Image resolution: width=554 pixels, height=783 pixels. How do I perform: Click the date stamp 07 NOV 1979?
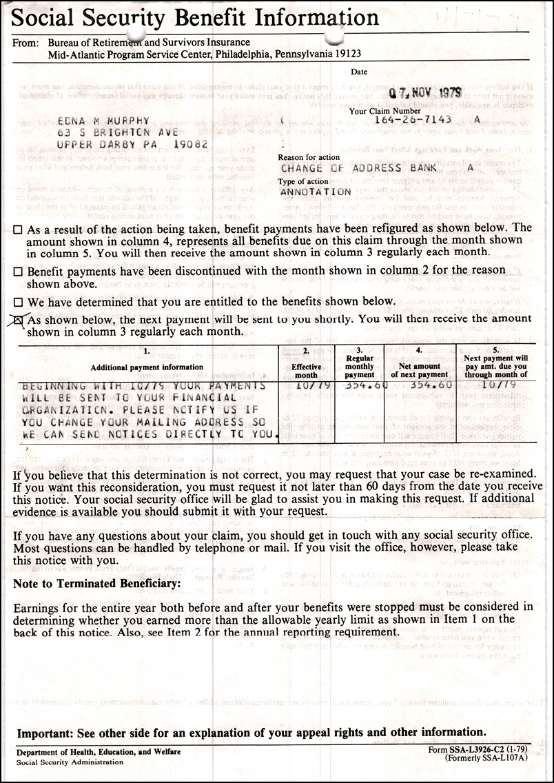click(426, 92)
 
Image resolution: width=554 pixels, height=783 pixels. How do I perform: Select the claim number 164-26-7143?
click(413, 119)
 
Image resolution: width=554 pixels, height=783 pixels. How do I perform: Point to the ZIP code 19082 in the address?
click(187, 144)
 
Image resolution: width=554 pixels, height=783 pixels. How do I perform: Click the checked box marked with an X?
click(19, 319)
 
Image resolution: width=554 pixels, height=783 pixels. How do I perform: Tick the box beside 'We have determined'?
click(18, 302)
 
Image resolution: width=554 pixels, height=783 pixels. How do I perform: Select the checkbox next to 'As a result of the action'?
click(18, 229)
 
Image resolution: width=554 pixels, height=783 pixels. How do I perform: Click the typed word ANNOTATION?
click(316, 192)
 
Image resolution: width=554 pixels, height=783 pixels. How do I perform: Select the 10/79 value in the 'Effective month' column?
click(306, 385)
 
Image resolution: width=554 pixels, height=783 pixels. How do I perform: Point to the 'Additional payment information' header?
click(147, 367)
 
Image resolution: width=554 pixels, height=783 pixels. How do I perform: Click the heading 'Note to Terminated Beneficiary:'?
click(97, 584)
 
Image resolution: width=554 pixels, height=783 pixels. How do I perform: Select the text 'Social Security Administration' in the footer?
click(70, 762)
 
